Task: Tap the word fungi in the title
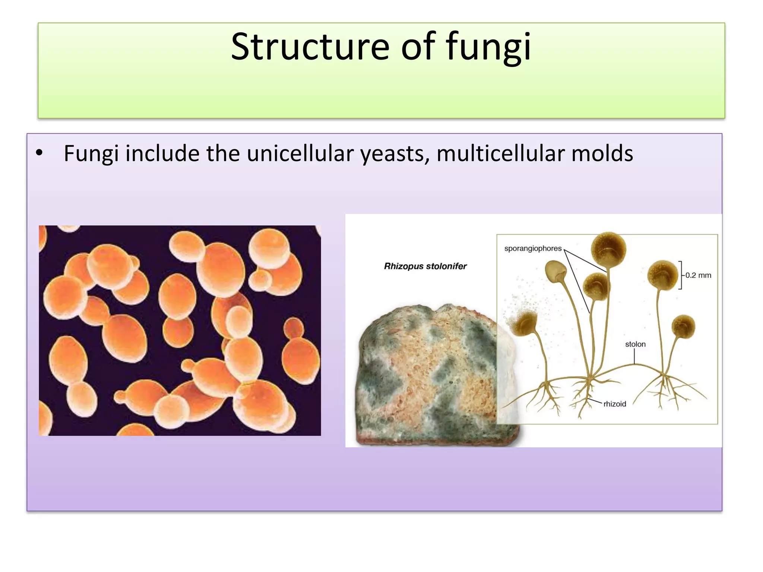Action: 488,48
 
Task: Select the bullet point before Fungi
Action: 39,153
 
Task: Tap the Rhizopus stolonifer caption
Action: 425,266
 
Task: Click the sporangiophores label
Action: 533,248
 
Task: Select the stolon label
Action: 635,344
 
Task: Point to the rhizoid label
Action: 615,404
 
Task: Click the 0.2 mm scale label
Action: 698,275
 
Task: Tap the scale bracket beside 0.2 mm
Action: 681,275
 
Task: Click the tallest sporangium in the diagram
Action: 608,249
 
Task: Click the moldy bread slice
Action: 428,376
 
